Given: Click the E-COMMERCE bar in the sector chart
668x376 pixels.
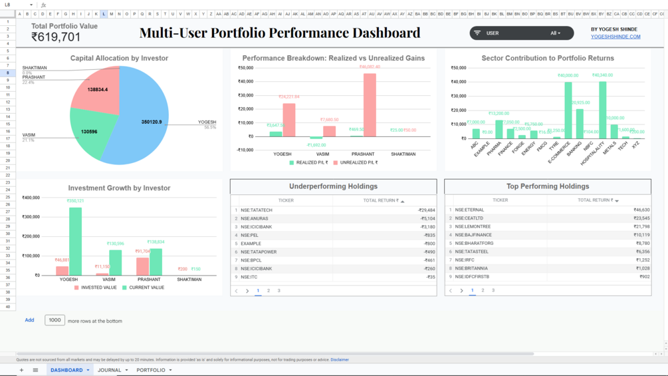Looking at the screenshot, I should [x=568, y=110].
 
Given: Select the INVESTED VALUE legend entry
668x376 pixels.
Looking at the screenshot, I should [x=95, y=287].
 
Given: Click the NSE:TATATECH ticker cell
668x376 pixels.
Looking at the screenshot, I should [x=257, y=210].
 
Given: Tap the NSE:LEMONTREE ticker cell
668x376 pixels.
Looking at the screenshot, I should [x=473, y=227].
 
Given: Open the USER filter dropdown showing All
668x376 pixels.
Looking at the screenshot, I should [x=555, y=33].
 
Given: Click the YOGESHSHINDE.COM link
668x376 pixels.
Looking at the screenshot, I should [x=615, y=37].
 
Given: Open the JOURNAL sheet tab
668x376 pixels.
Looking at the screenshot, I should [x=110, y=370].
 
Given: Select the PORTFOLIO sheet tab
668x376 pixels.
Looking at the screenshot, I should [x=151, y=370].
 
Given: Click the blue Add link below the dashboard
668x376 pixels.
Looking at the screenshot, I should [x=29, y=320].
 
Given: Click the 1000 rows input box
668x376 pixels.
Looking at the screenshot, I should [x=55, y=320].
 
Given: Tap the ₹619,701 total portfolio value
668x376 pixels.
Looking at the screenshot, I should [x=56, y=38].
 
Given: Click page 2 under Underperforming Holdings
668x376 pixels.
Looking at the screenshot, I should [x=269, y=291].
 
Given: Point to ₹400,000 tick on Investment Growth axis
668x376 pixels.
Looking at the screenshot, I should [x=31, y=198].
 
